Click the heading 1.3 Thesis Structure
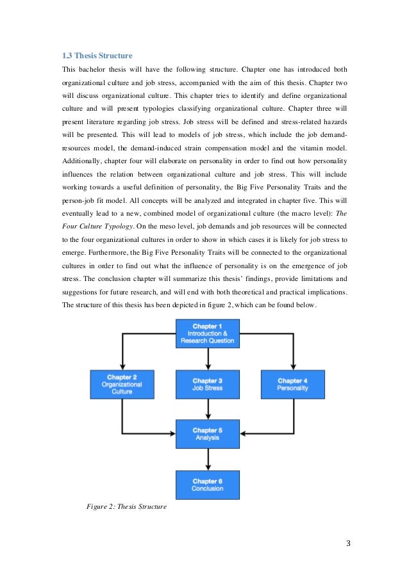click(97, 54)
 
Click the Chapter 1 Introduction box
click(207, 333)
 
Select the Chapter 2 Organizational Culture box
click(122, 384)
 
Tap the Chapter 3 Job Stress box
click(207, 384)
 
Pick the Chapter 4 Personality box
click(292, 384)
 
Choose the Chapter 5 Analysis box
click(207, 434)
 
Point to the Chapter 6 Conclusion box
click(207, 485)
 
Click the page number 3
click(348, 544)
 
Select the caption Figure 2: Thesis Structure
click(126, 507)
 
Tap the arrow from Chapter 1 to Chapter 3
click(207, 358)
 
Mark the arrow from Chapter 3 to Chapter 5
click(207, 409)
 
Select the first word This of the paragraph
click(68, 69)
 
